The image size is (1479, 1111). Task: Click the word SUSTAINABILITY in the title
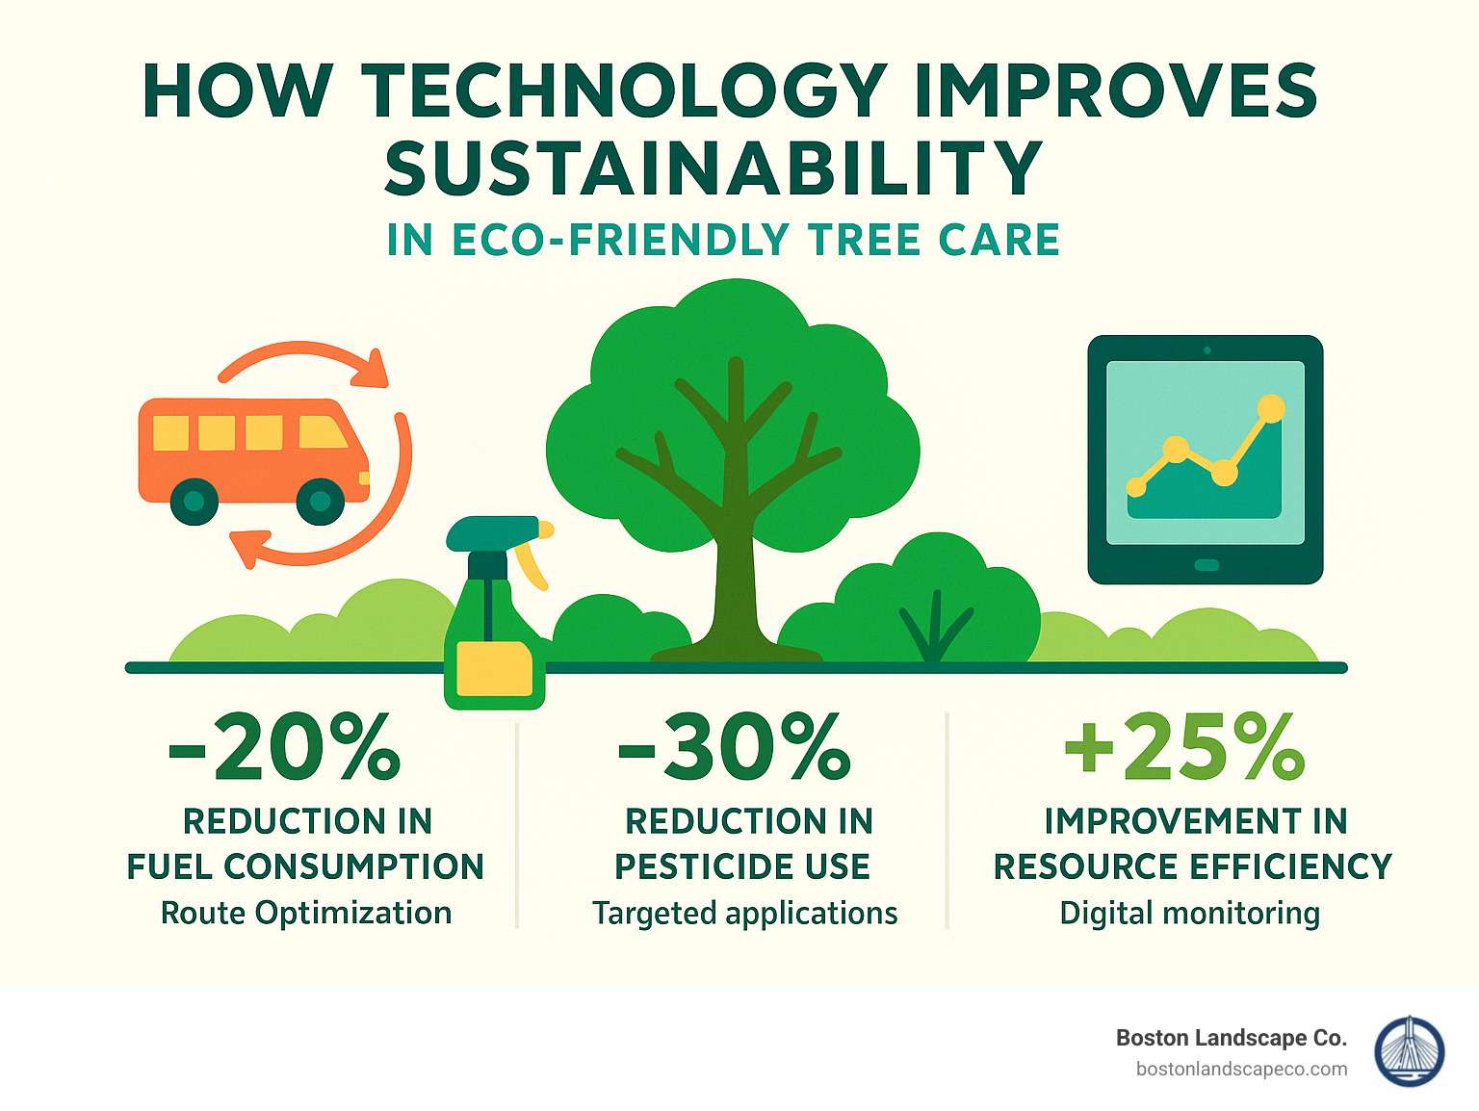[714, 168]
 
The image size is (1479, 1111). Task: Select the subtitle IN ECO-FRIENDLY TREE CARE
[723, 240]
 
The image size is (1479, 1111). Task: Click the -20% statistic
[284, 747]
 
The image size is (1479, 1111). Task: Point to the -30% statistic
[735, 747]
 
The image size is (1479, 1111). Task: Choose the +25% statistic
[1185, 747]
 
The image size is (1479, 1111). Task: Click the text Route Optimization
[306, 913]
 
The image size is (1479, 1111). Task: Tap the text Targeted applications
[744, 913]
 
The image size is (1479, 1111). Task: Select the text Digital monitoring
[1189, 913]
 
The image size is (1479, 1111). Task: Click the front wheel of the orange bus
[321, 501]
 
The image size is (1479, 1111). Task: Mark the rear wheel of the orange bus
[194, 501]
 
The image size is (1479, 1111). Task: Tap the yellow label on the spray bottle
[494, 668]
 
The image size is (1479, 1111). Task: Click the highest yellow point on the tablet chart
[1271, 408]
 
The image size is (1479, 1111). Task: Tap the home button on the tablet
[1206, 565]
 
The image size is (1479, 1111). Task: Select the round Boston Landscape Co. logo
[1410, 1052]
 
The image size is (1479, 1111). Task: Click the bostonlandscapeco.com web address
[1241, 1069]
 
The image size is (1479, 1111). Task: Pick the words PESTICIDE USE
[742, 866]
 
